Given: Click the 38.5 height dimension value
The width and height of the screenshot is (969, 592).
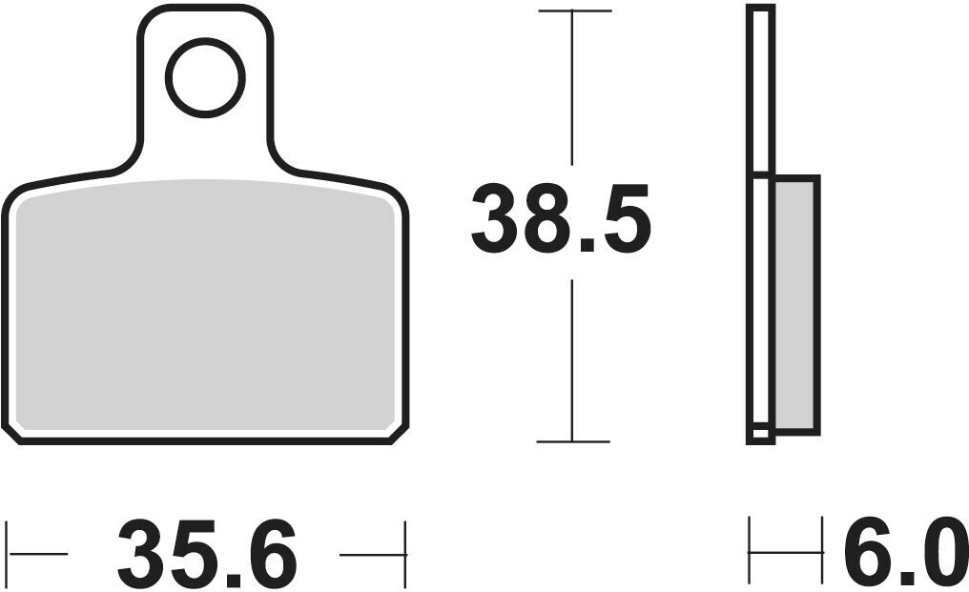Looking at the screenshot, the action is pyautogui.click(x=561, y=218).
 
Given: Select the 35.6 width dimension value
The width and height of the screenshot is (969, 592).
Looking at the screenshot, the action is pyautogui.click(x=208, y=554).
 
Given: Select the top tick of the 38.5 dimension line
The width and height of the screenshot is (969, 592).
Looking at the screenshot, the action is pyautogui.click(x=575, y=11).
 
